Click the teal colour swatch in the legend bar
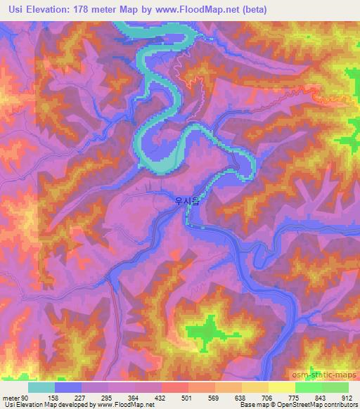click(41, 388)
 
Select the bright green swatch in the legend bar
click(309, 388)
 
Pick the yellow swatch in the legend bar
click(282, 388)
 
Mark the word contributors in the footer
click(340, 404)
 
